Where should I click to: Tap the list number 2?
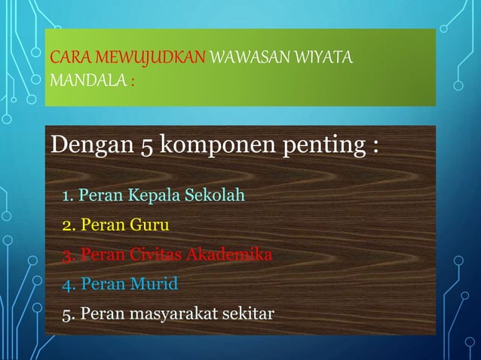click(68, 225)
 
